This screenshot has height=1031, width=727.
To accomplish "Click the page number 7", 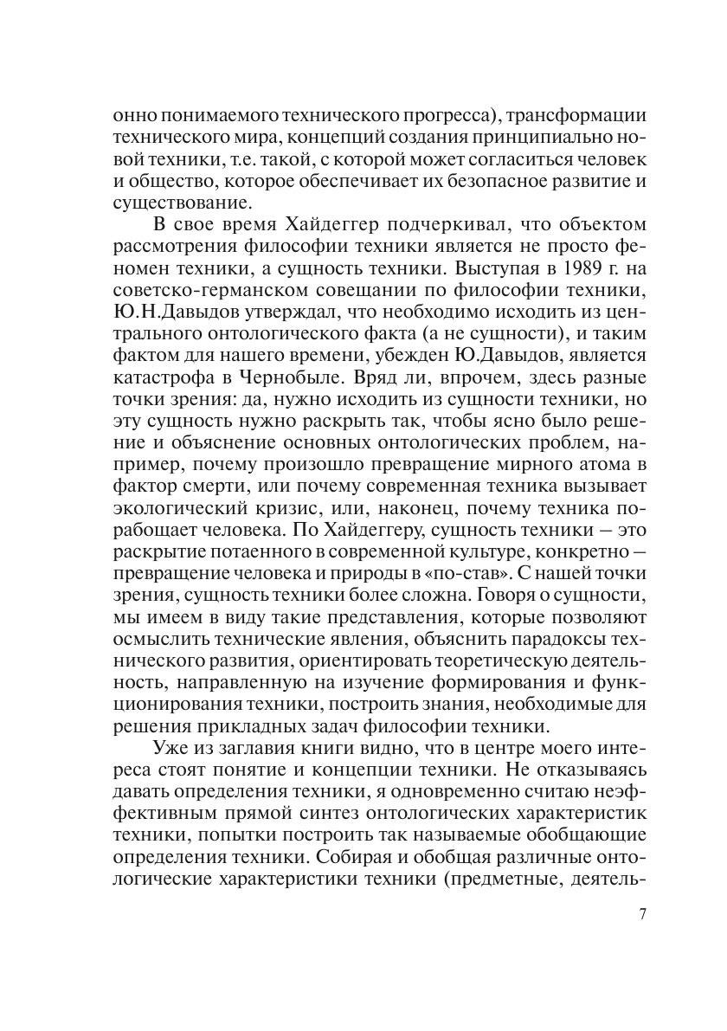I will click(641, 915).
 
